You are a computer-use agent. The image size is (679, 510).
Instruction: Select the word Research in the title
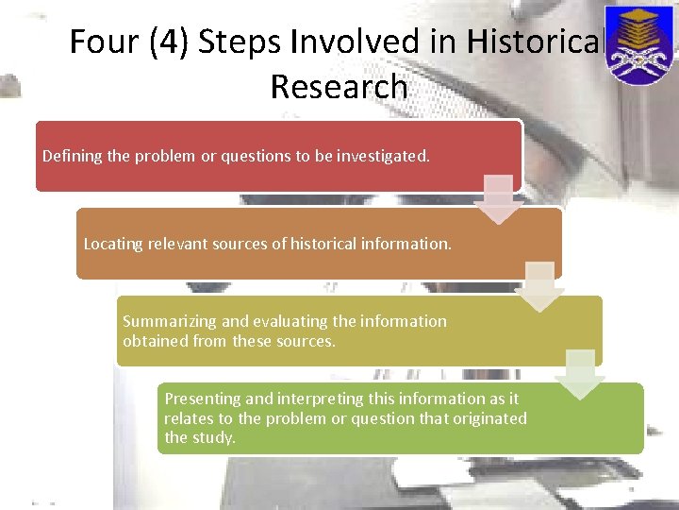(339, 87)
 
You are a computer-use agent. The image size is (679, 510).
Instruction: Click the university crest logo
(640, 44)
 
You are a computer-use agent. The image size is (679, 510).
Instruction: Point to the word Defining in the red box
(72, 155)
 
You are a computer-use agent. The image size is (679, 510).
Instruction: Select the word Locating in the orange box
(113, 244)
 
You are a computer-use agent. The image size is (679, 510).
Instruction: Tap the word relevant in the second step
(177, 244)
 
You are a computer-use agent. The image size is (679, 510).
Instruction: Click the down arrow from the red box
(500, 199)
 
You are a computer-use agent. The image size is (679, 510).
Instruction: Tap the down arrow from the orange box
(539, 287)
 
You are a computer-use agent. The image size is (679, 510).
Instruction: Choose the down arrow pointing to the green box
(580, 374)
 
